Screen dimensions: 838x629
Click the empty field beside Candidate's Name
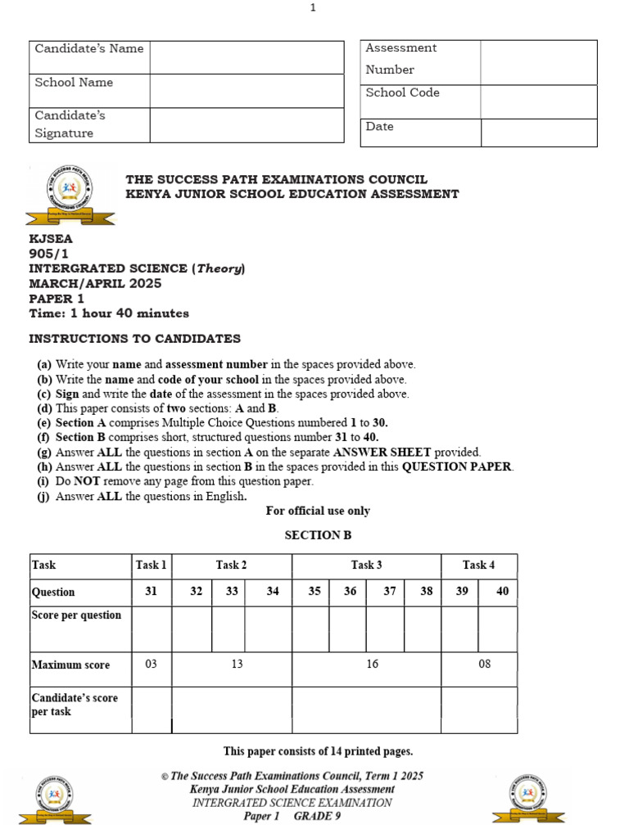coord(247,57)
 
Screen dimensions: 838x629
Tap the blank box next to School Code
coord(538,101)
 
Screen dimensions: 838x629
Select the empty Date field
coord(538,133)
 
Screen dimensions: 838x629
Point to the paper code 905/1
coord(49,254)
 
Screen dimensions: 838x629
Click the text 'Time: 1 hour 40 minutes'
coord(109,313)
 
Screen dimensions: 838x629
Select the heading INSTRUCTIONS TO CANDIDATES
coord(135,339)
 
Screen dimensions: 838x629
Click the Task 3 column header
coord(366,565)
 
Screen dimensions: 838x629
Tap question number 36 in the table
coord(350,592)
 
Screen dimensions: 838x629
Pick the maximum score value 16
coord(373,665)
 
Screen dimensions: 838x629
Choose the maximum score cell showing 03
coord(151,665)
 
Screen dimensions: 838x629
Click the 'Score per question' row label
coord(76,615)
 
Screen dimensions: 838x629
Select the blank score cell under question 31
coord(152,628)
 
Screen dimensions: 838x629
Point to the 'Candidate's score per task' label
coord(75,705)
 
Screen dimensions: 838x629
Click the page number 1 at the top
coord(313,8)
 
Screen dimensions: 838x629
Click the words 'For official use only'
coord(318,511)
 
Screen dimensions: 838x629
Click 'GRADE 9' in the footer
coord(314,816)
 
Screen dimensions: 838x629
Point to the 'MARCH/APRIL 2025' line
coord(95,284)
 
